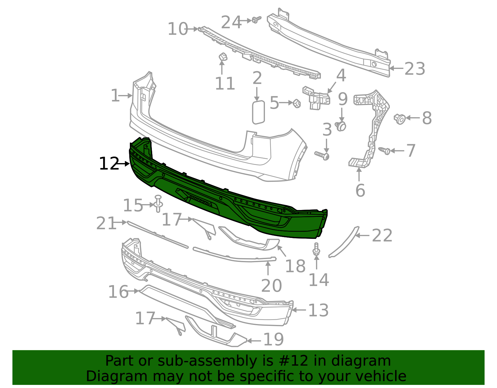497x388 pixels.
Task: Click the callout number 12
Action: coord(109,163)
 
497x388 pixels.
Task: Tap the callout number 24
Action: coord(231,22)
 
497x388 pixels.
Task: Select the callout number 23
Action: coord(415,69)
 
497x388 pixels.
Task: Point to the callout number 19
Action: coord(274,340)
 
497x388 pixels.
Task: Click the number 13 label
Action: coord(318,310)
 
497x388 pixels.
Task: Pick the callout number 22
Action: coord(382,235)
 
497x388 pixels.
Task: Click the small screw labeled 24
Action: coord(256,20)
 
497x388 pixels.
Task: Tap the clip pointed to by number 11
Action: coord(223,57)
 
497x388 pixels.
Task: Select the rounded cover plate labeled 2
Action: coord(258,112)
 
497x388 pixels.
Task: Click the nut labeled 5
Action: coord(297,103)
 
